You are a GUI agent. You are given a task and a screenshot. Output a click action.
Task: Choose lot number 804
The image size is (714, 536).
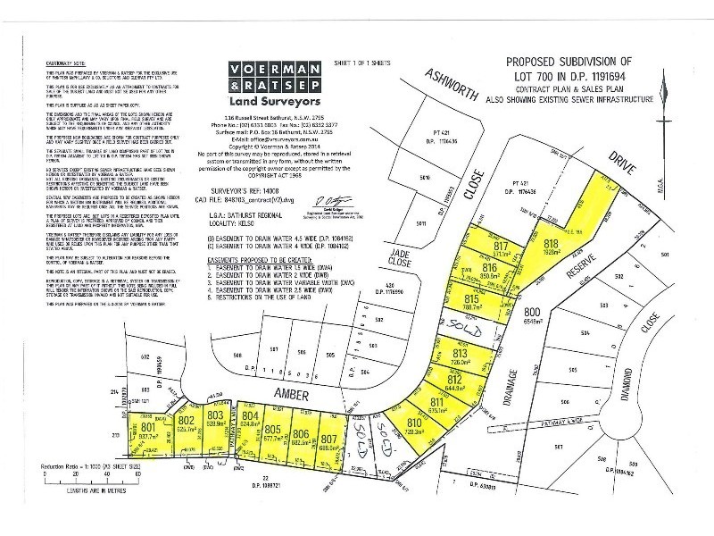click(251, 416)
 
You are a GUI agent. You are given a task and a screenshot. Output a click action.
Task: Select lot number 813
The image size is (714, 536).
click(461, 355)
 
